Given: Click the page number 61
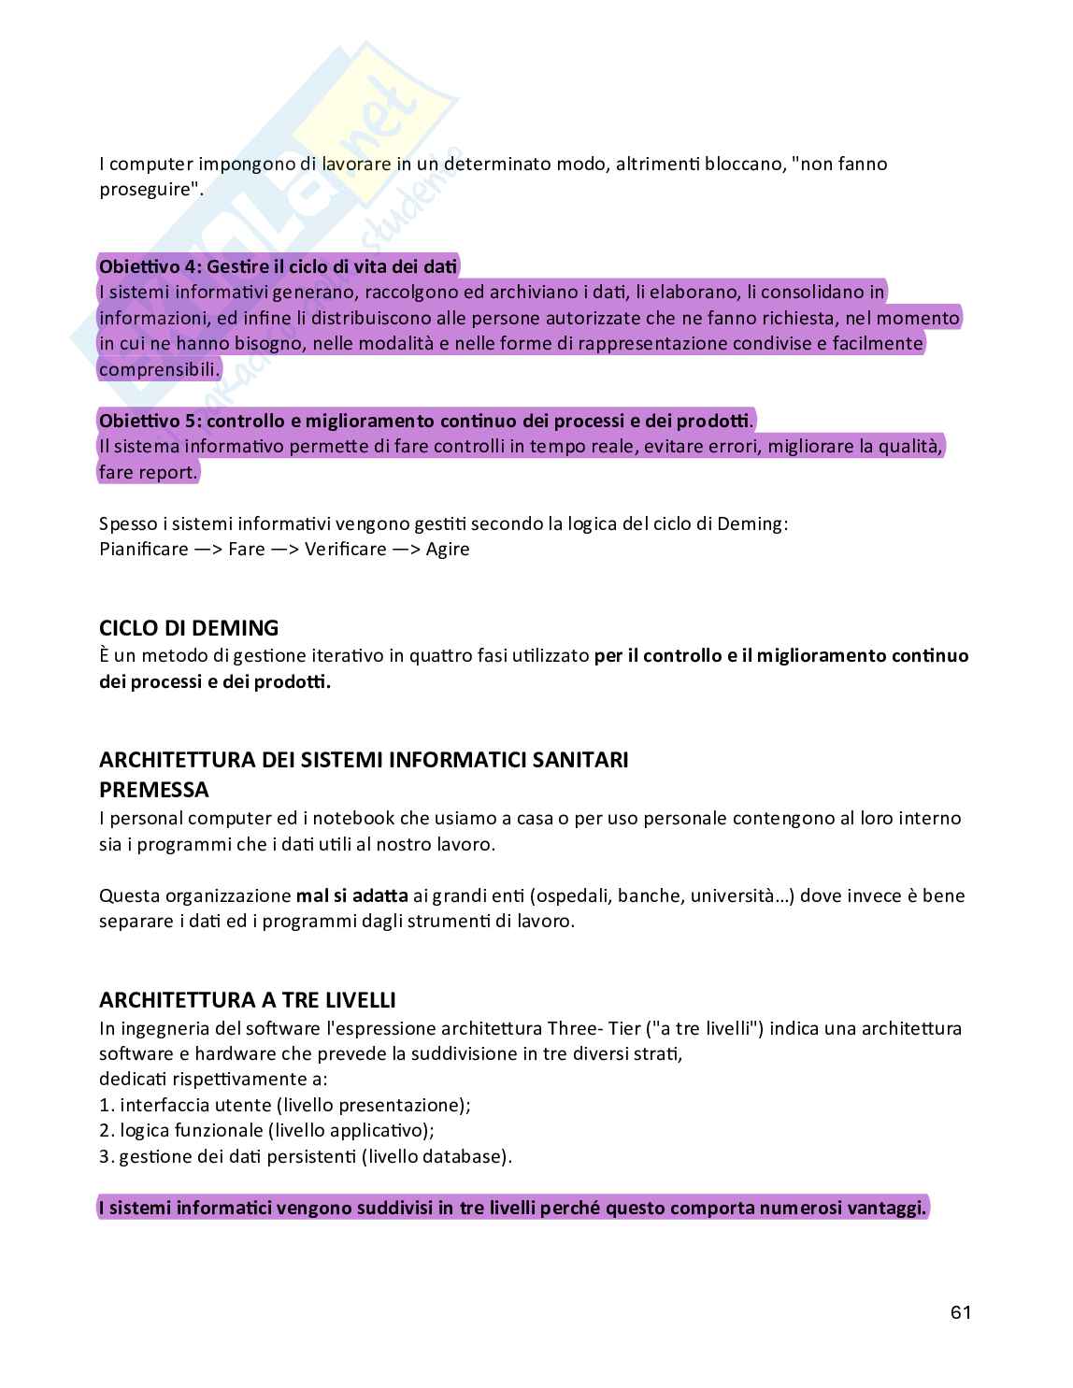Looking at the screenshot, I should (961, 1312).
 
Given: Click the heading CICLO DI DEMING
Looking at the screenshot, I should (189, 628).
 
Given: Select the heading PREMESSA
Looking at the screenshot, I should (154, 790).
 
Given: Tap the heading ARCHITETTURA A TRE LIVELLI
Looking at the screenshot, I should (248, 1000).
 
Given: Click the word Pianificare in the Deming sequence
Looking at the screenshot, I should (144, 550).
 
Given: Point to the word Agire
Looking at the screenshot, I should (448, 550).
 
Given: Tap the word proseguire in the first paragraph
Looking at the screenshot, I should (149, 190).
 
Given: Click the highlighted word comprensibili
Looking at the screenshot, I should (159, 369).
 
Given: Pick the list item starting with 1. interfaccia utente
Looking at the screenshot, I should (285, 1105).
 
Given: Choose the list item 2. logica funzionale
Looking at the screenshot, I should (266, 1131).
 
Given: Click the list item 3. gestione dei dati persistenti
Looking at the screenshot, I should (306, 1156).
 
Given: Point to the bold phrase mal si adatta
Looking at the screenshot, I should (352, 895).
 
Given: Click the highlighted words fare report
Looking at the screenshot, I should (149, 472).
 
